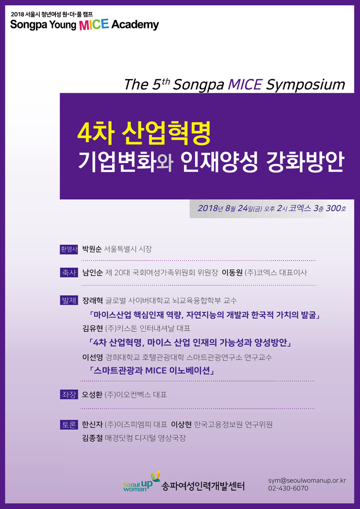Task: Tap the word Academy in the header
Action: tap(135, 25)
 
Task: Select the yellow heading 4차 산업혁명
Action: tap(144, 133)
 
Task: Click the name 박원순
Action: tap(93, 249)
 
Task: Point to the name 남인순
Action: tap(93, 273)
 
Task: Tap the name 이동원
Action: tap(232, 273)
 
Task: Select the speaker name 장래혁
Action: tap(93, 300)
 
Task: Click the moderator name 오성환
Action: tap(93, 395)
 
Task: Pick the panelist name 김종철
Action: tap(93, 438)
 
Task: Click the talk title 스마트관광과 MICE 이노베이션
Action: tap(151, 371)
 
